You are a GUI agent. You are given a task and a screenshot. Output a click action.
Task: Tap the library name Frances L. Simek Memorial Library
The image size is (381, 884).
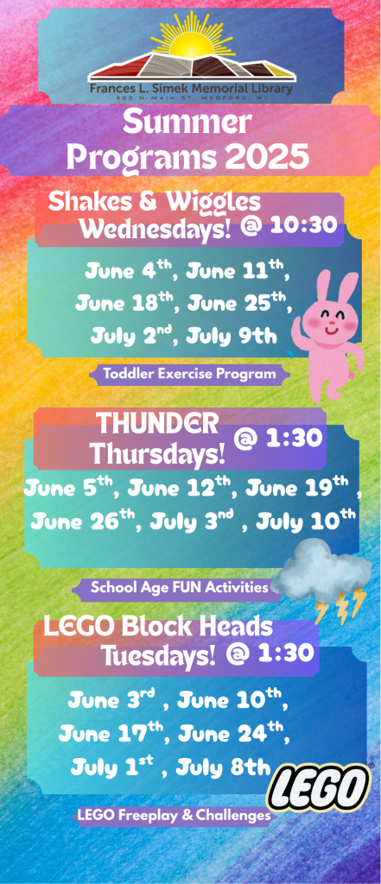[191, 89]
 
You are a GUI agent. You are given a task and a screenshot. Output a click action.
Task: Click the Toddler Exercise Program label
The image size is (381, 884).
[189, 373]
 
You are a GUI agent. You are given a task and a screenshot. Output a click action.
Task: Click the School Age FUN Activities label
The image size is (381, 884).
[179, 587]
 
